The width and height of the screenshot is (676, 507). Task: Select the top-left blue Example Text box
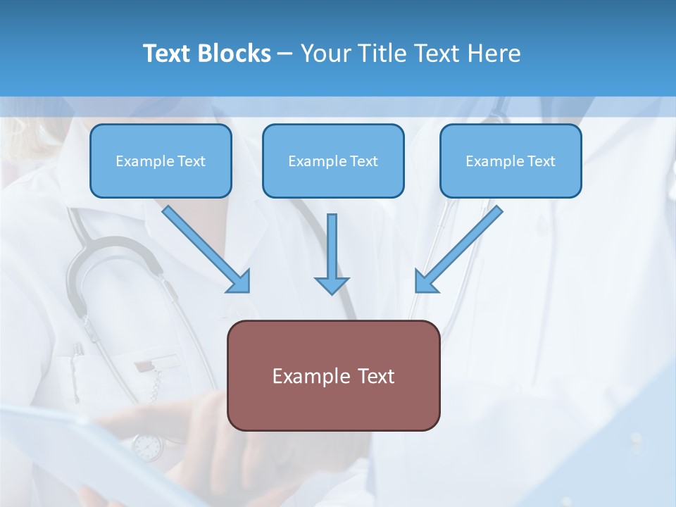(x=161, y=161)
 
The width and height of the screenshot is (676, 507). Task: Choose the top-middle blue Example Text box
(x=333, y=161)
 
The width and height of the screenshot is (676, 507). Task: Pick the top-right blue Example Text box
(x=511, y=161)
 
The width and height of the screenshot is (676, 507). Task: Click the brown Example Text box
(x=333, y=375)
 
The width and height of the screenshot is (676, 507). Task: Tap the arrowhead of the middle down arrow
(x=332, y=284)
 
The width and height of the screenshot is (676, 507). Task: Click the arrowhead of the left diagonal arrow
(x=239, y=282)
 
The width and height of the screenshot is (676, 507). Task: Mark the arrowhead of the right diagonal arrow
(x=425, y=282)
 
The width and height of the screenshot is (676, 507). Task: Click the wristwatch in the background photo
(x=147, y=446)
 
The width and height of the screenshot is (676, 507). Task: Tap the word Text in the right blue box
(x=542, y=161)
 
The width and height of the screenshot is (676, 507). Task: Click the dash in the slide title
(x=285, y=54)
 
